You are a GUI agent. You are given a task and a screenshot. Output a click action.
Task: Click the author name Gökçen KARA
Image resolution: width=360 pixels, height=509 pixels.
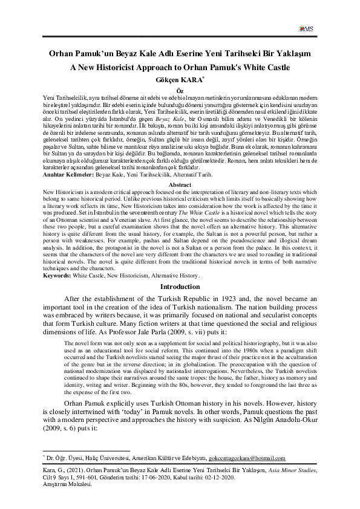[x=180, y=79]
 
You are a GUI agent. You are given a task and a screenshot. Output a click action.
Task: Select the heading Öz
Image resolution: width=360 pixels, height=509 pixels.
[x=180, y=89]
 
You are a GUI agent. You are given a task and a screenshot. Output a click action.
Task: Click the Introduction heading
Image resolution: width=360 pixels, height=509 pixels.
[x=180, y=287]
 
